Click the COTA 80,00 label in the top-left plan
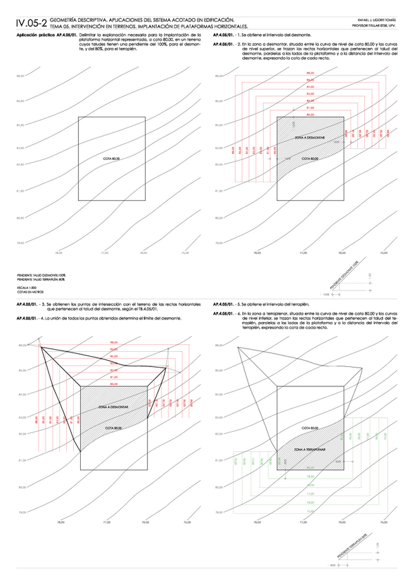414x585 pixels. (111, 159)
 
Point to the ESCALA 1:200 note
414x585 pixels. (26, 284)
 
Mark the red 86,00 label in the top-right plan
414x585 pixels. (310, 72)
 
